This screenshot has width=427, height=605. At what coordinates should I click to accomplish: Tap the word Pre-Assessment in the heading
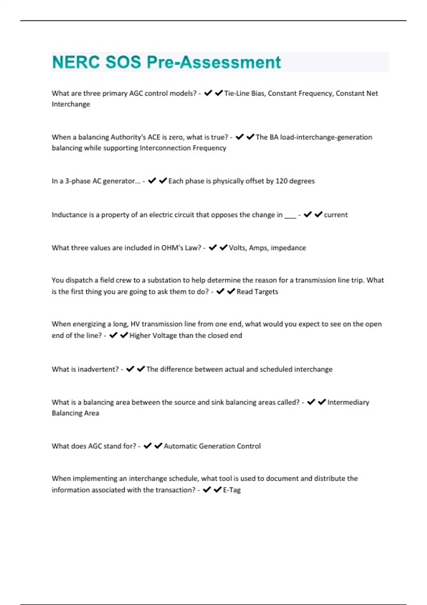213,62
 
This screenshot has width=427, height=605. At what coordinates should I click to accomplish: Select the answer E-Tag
232,490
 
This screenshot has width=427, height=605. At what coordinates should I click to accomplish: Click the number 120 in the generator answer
281,181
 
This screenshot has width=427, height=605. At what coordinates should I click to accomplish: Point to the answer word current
336,215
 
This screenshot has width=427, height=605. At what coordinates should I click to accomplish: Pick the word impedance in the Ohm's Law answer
288,248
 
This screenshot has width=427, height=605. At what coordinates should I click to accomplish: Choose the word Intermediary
348,403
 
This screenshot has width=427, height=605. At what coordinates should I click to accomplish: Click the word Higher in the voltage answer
140,336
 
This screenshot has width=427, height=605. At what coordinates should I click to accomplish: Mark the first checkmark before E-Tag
207,490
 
